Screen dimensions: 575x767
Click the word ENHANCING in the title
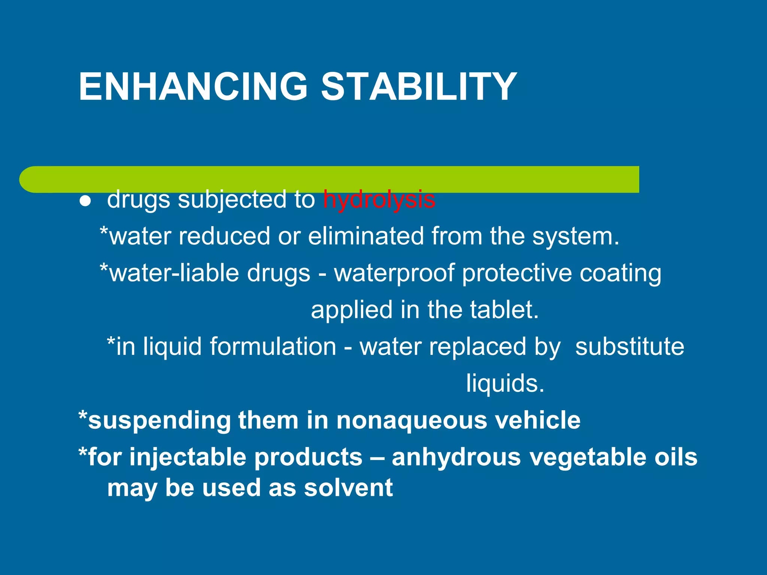pyautogui.click(x=193, y=87)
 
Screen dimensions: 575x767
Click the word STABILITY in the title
pyautogui.click(x=419, y=87)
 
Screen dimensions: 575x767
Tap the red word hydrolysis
pyautogui.click(x=379, y=199)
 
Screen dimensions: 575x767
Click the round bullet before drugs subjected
pyautogui.click(x=85, y=201)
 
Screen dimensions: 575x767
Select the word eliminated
pyautogui.click(x=366, y=237)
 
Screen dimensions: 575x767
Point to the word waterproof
pyautogui.click(x=394, y=273)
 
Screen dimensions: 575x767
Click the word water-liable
pyautogui.click(x=173, y=273)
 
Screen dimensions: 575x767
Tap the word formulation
pyautogui.click(x=273, y=347)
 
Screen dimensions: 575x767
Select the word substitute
pyautogui.click(x=630, y=347)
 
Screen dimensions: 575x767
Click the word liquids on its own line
pyautogui.click(x=505, y=383)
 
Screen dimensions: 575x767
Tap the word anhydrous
pyautogui.click(x=456, y=457)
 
